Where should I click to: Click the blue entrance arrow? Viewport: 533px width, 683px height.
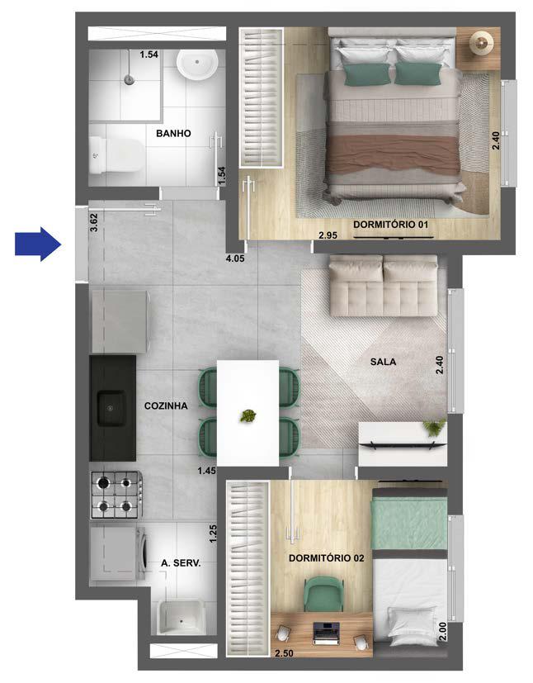38,244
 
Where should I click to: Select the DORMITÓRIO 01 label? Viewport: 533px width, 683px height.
392,224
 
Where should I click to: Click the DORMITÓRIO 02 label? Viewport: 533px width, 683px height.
327,558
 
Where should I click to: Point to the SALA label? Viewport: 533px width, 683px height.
383,361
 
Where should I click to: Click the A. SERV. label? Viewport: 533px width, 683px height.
182,565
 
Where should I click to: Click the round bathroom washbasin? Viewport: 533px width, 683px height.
198,63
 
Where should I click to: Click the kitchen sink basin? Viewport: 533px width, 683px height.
111,406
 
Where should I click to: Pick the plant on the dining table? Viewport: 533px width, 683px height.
247,416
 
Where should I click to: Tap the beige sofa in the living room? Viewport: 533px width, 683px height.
383,286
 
